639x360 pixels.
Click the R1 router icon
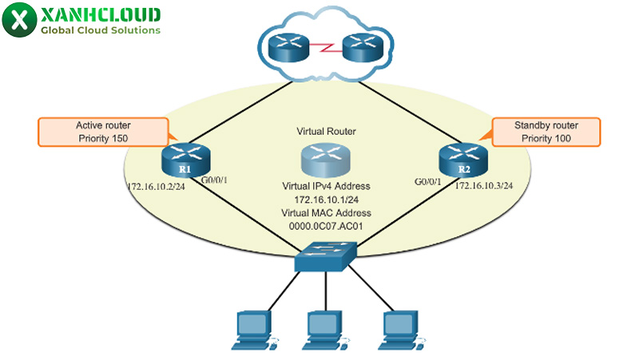[184, 160]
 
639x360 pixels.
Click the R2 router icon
[461, 160]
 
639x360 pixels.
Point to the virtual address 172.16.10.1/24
[325, 199]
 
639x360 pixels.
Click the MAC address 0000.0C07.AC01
[325, 226]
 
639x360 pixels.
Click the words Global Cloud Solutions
[101, 30]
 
